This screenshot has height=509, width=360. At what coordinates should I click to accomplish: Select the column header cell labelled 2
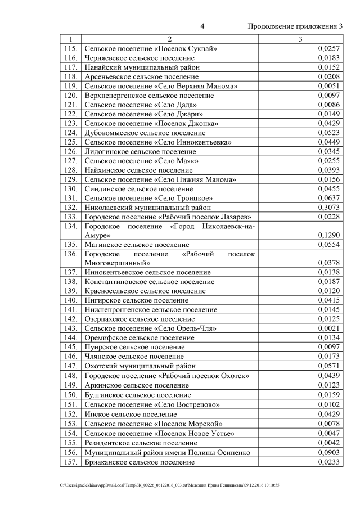169,39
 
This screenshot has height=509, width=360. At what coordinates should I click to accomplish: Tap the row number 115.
70,49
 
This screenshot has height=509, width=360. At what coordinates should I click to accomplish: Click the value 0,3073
329,206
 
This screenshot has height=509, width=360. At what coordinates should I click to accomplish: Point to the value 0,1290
329,234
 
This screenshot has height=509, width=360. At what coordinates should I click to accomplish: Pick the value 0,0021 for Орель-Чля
329,328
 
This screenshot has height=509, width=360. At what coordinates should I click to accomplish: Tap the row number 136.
70,254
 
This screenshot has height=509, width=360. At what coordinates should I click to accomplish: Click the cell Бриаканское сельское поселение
139,462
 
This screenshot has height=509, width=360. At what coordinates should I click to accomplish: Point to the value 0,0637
329,197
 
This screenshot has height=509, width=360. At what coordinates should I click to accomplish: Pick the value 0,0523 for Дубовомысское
329,133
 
